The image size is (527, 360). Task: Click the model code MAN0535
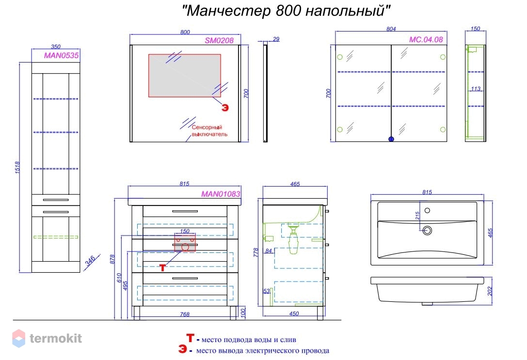62,55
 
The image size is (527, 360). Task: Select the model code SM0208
219,41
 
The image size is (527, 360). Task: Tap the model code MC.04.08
426,40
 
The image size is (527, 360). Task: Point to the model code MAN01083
221,194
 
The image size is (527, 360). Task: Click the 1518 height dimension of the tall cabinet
17,168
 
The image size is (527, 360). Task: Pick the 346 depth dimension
90,261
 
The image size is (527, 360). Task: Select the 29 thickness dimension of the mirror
276,39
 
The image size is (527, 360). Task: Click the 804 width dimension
391,29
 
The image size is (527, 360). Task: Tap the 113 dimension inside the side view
476,89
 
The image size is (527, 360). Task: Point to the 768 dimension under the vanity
185,314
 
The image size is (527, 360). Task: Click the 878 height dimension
112,259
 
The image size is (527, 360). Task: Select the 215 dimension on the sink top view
417,215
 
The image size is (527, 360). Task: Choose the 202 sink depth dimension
490,291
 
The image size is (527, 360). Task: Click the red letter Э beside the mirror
225,108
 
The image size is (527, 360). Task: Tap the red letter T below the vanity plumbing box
163,267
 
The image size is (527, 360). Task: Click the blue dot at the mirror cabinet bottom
391,139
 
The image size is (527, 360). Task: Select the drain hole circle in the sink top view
427,230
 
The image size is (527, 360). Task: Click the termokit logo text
55,338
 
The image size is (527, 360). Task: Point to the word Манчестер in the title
228,11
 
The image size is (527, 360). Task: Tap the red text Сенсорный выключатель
209,131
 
